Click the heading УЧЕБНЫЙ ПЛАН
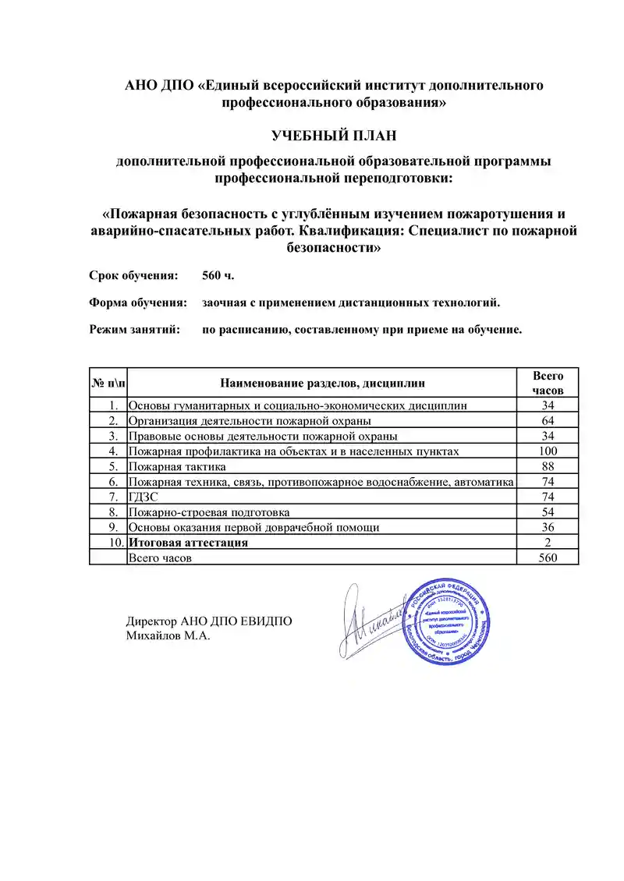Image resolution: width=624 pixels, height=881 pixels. pos(334,136)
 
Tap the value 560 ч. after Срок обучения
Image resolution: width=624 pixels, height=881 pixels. pos(218,276)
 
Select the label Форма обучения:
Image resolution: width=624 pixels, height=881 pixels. pos(138,303)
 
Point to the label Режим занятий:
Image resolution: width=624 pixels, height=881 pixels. pos(135,329)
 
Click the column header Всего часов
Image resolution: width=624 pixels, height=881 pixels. pos(548,383)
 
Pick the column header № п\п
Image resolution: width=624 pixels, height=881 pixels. pos(108,383)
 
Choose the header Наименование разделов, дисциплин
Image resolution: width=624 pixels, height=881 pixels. pos(323,383)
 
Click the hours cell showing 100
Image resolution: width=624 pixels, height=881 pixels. pos(548,451)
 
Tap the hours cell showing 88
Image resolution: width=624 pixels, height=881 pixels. pos(548,466)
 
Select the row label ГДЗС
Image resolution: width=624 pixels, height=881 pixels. pos(142,497)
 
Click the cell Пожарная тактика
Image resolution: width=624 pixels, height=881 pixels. pos(177,466)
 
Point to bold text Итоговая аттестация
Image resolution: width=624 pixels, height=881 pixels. pos(188,543)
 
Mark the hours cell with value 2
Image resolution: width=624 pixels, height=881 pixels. pos(548,543)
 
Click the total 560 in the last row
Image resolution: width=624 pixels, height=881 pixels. pos(548,558)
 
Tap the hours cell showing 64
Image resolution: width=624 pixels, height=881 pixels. pos(548,421)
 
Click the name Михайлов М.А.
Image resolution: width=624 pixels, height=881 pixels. pos(168,636)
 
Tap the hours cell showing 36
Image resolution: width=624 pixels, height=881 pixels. pos(548,527)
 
